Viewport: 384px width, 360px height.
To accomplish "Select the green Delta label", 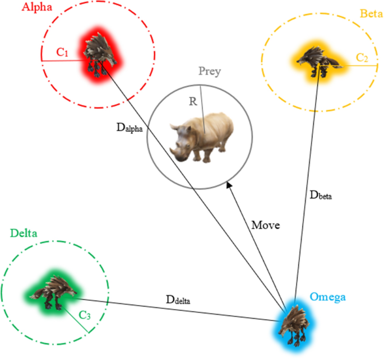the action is (24, 233).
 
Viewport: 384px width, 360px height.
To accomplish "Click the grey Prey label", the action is (210, 71).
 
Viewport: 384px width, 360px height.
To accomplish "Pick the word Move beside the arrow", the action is (265, 225).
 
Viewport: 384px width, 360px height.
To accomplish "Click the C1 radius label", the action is (63, 53).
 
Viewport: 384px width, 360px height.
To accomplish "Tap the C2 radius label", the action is (362, 57).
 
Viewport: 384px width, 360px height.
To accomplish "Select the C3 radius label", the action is (85, 315).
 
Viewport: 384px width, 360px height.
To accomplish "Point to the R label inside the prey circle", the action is (193, 102).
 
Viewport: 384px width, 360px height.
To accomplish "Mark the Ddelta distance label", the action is (178, 299).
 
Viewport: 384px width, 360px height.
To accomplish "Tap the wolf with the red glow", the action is (100, 55).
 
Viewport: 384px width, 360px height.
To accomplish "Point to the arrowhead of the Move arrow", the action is (228, 184).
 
